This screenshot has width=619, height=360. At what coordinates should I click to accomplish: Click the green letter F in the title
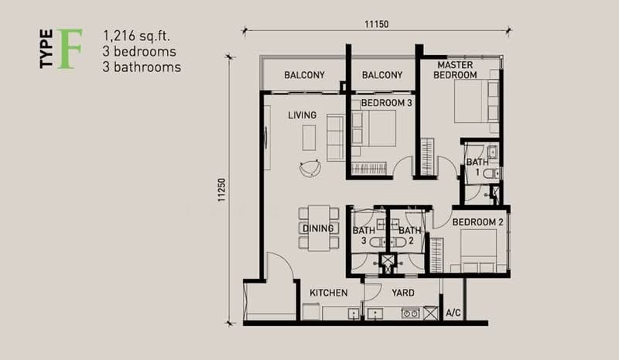point(70,48)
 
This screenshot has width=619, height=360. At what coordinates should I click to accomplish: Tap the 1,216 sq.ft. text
point(136,36)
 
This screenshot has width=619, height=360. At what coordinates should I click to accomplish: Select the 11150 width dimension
point(376,24)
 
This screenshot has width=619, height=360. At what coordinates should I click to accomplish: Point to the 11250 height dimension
point(221,190)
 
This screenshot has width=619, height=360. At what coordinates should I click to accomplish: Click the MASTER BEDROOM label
point(455,70)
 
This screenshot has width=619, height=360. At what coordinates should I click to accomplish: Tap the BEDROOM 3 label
point(386,103)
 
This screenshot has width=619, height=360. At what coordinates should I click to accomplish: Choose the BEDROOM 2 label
point(477,222)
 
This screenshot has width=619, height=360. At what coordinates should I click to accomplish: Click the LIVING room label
point(302,115)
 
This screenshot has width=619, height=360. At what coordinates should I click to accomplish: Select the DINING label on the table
point(318,228)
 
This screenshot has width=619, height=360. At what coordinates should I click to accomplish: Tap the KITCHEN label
point(328,293)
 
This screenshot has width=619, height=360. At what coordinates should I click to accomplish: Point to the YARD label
point(403,293)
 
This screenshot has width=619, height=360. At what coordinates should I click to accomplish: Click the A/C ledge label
point(453,313)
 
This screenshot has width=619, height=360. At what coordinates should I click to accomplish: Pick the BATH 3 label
point(364,235)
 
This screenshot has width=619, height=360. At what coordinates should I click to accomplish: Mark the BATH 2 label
point(410,235)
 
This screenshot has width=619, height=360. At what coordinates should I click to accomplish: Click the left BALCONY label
point(304,74)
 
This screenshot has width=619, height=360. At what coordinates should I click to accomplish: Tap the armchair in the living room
point(310,168)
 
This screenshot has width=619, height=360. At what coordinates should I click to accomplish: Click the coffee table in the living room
point(309,138)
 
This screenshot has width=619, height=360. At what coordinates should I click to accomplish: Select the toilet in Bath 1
point(491,173)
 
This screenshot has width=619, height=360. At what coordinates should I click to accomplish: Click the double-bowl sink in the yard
point(410,314)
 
